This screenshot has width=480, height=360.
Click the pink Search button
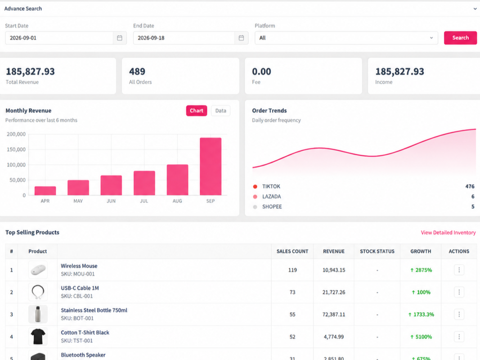(x=460, y=38)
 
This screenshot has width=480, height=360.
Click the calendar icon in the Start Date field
(x=120, y=38)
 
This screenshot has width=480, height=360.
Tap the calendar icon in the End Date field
(x=241, y=38)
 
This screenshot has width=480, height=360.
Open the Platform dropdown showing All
(x=346, y=38)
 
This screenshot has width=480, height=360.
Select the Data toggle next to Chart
(x=221, y=111)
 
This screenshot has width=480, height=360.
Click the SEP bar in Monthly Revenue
(x=211, y=166)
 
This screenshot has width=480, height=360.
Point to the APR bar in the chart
(x=45, y=191)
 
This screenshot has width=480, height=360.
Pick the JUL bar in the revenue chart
(x=144, y=183)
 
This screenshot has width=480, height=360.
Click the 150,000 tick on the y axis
(x=16, y=149)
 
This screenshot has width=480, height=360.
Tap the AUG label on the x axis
(x=177, y=201)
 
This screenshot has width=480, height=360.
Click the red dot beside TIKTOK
(x=255, y=186)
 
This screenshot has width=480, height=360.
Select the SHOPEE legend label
(x=272, y=207)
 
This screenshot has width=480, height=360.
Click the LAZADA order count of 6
(x=473, y=197)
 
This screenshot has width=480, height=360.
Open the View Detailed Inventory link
(x=448, y=233)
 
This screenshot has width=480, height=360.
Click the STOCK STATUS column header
(x=377, y=252)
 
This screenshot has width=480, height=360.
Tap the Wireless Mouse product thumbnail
(x=38, y=270)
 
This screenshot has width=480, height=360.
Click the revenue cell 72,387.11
(x=334, y=315)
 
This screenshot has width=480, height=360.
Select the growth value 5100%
(x=421, y=337)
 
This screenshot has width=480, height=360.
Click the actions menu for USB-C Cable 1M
(x=459, y=292)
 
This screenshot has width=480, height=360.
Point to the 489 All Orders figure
(x=137, y=72)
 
